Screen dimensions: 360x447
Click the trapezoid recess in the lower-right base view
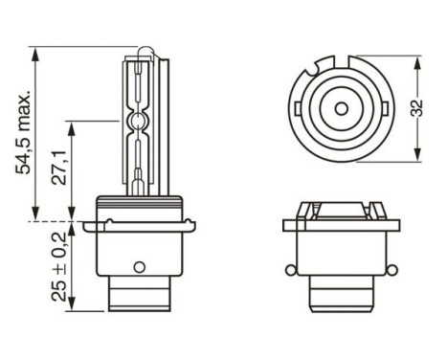pos(338,209)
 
